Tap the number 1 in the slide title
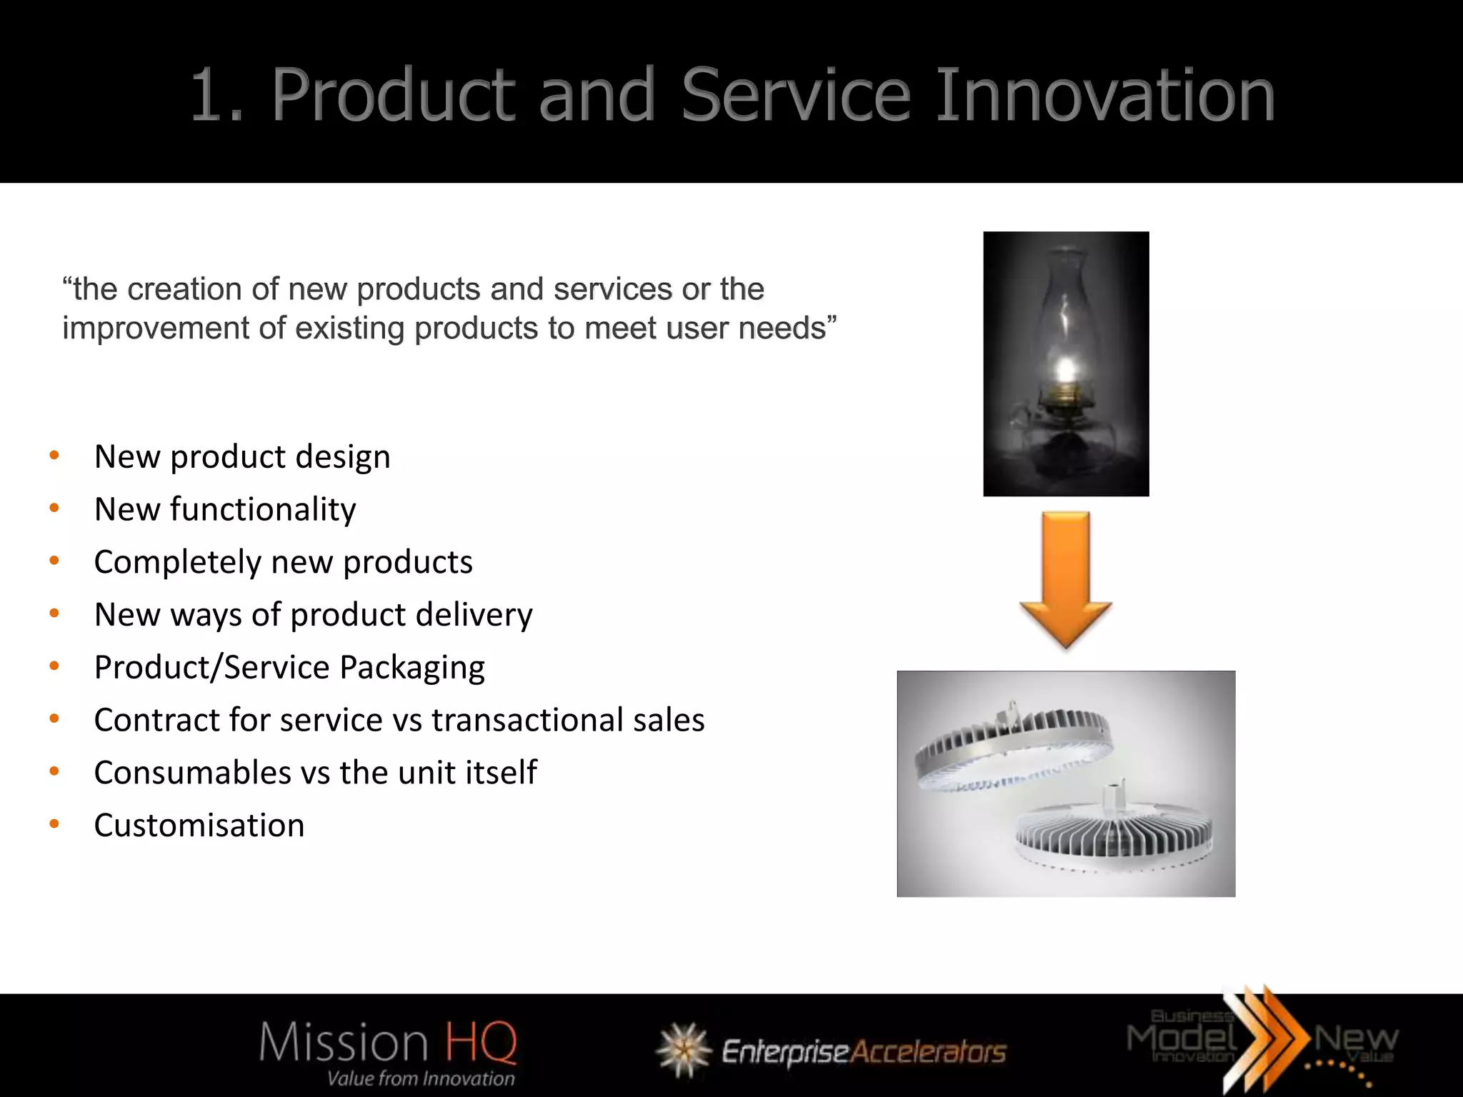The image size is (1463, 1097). (211, 95)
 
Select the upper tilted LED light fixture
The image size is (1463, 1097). (1013, 747)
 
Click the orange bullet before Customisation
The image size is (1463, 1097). (54, 824)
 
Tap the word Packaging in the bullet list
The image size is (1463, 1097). (412, 668)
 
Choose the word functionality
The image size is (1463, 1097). (263, 510)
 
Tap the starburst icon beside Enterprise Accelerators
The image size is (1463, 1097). (684, 1049)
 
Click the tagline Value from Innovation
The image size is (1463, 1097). (421, 1078)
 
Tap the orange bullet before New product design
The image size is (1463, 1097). (54, 456)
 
